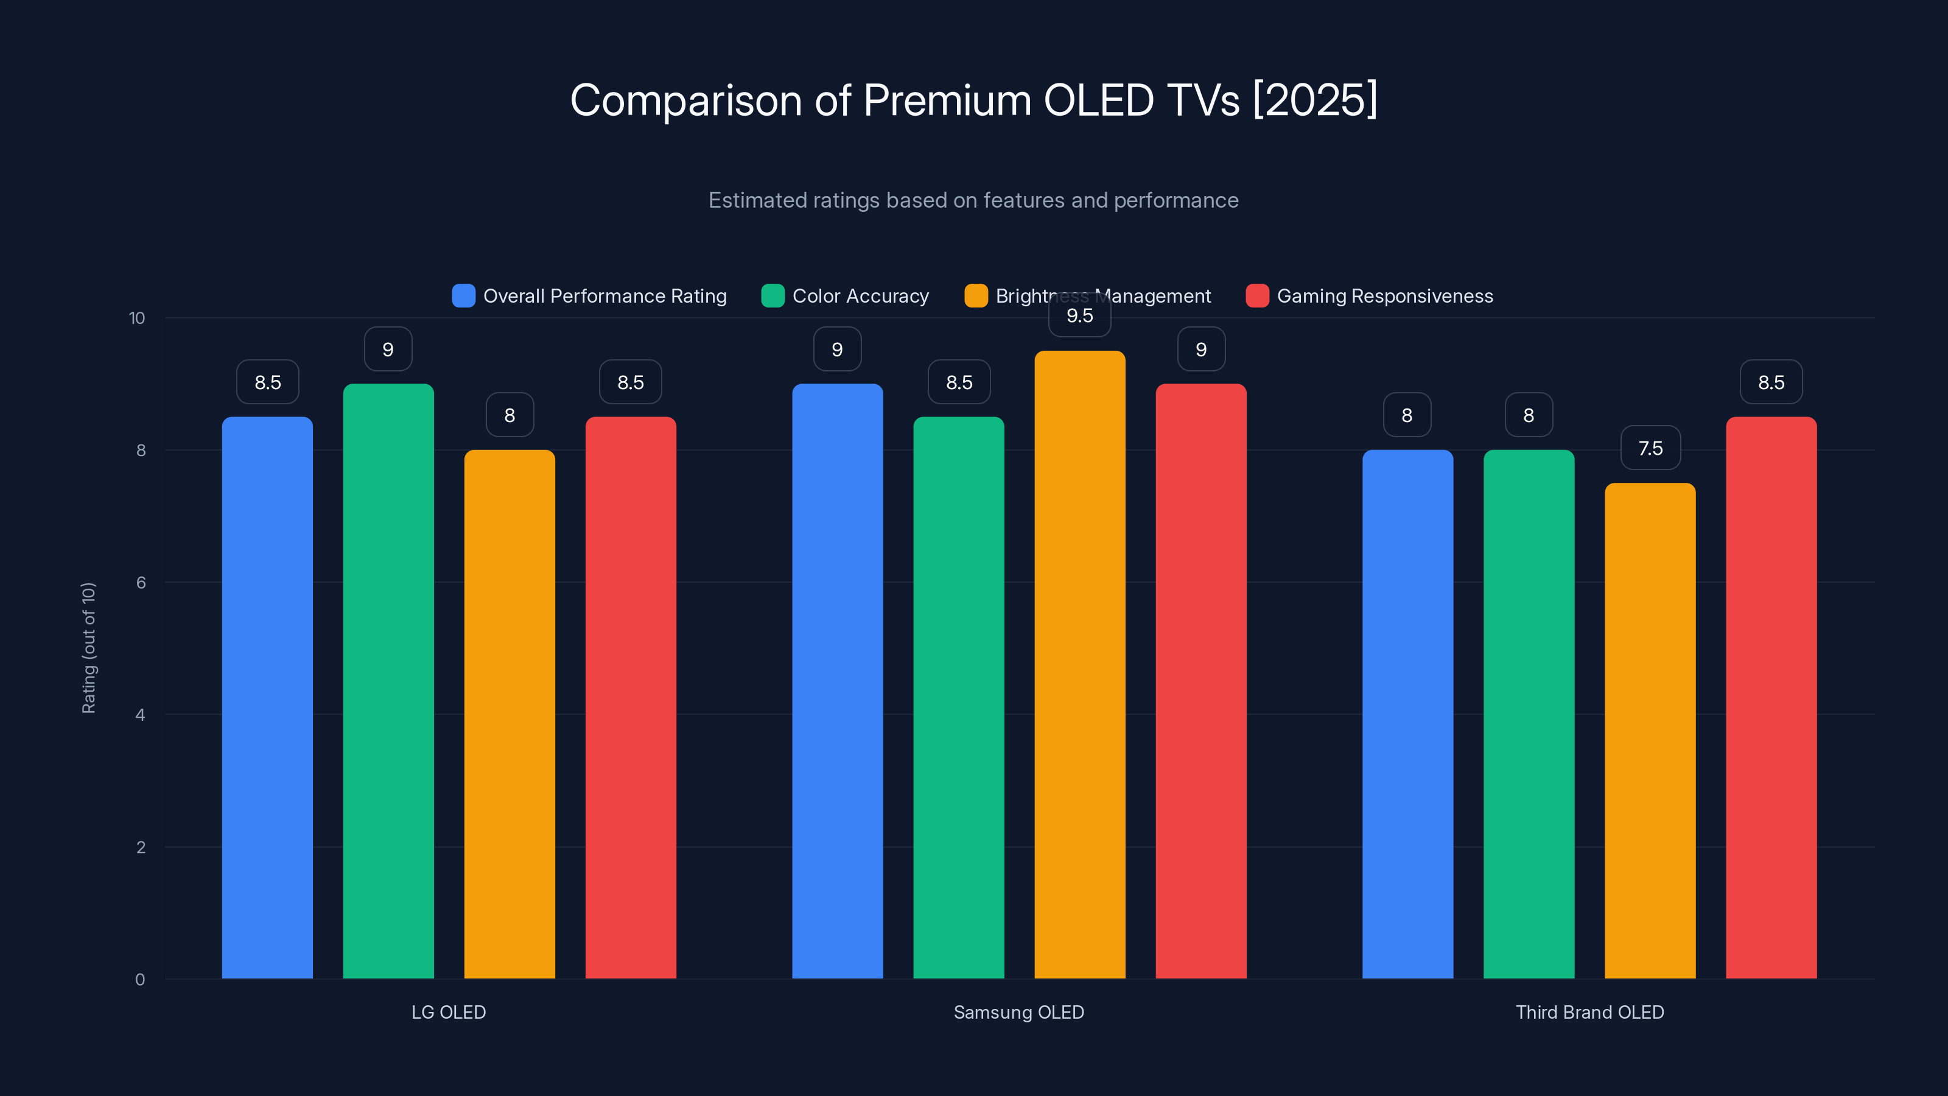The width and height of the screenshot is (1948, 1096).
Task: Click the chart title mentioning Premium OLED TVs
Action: click(x=973, y=100)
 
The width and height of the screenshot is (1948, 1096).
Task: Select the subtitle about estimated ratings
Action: click(x=973, y=200)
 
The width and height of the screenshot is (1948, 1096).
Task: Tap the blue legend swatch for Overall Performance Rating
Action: click(x=463, y=296)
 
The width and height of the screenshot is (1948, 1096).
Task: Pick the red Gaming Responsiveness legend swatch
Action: click(x=1257, y=296)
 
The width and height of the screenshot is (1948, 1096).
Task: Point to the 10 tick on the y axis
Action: click(x=137, y=318)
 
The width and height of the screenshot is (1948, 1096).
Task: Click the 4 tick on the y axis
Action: click(x=140, y=715)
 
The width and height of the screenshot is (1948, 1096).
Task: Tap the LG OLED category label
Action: click(x=449, y=1012)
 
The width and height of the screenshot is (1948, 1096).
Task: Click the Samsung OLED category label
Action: click(x=1018, y=1012)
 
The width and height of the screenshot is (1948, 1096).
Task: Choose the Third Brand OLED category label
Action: click(x=1589, y=1012)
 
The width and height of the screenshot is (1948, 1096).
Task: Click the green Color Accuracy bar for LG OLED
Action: click(x=388, y=681)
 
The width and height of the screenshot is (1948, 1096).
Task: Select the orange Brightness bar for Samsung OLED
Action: click(x=1079, y=666)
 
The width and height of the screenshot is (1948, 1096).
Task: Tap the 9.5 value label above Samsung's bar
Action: click(x=1079, y=316)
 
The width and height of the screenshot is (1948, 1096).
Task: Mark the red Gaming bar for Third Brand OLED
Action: click(x=1771, y=696)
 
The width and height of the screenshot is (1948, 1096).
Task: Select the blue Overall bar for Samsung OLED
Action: click(x=837, y=681)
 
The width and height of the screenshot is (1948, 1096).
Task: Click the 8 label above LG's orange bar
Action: click(x=510, y=415)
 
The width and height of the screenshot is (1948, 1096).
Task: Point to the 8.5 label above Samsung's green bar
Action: click(x=959, y=382)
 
